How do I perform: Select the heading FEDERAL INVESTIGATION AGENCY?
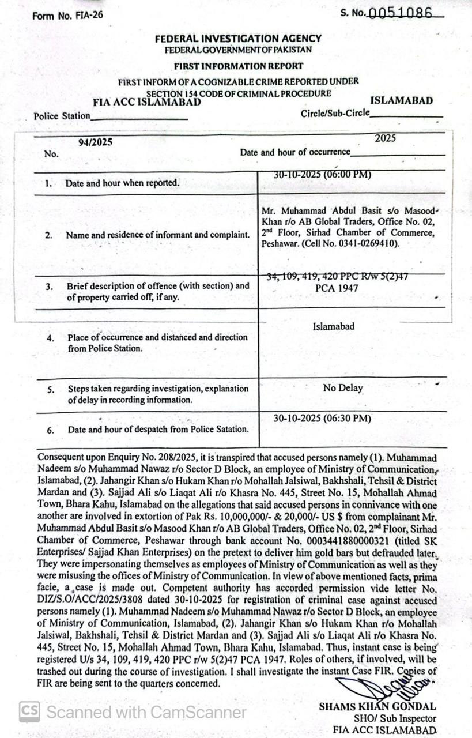(238, 39)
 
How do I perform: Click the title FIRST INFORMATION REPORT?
(238, 66)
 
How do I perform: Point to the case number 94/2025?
(95, 142)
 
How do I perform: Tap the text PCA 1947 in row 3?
(338, 288)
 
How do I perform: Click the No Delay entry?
(343, 388)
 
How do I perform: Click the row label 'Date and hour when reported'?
(122, 183)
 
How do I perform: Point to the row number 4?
(51, 338)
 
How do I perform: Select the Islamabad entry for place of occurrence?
(334, 326)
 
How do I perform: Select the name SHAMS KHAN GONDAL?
(377, 707)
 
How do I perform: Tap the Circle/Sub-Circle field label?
(335, 114)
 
